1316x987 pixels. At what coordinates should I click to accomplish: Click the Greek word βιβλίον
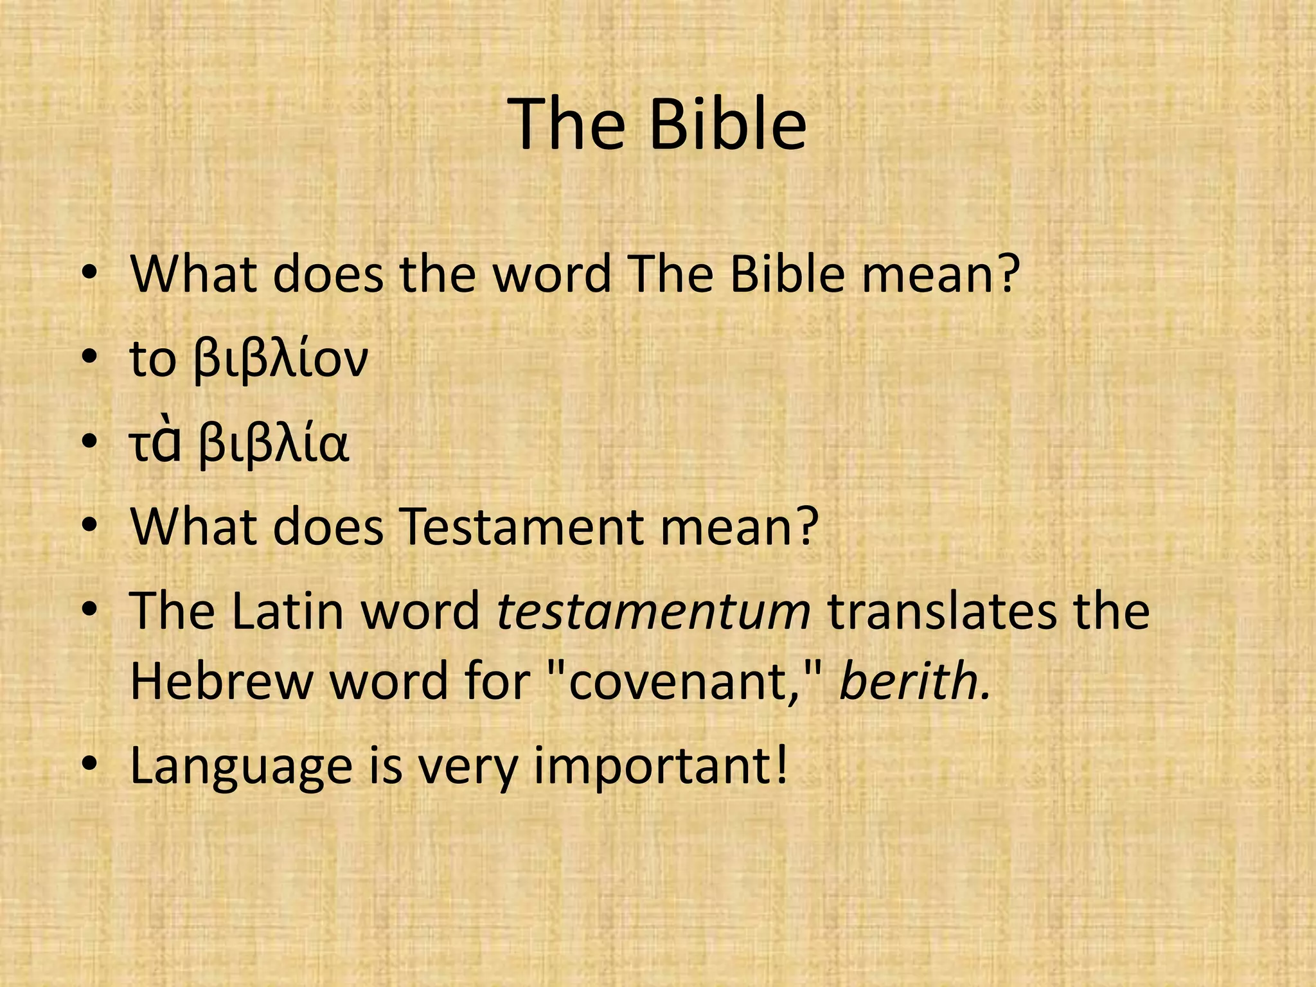pyautogui.click(x=281, y=360)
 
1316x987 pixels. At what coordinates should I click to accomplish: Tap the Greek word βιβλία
pyautogui.click(x=274, y=445)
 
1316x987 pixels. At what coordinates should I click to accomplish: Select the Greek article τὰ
pyautogui.click(x=154, y=445)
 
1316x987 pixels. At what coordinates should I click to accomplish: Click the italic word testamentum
pyautogui.click(x=654, y=610)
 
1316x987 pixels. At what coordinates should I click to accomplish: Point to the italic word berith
pyautogui.click(x=914, y=681)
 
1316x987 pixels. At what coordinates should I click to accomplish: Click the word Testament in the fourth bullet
pyautogui.click(x=520, y=527)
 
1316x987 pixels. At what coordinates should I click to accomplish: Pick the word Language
pyautogui.click(x=241, y=766)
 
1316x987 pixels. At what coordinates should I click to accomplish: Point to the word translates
pyautogui.click(x=941, y=610)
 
